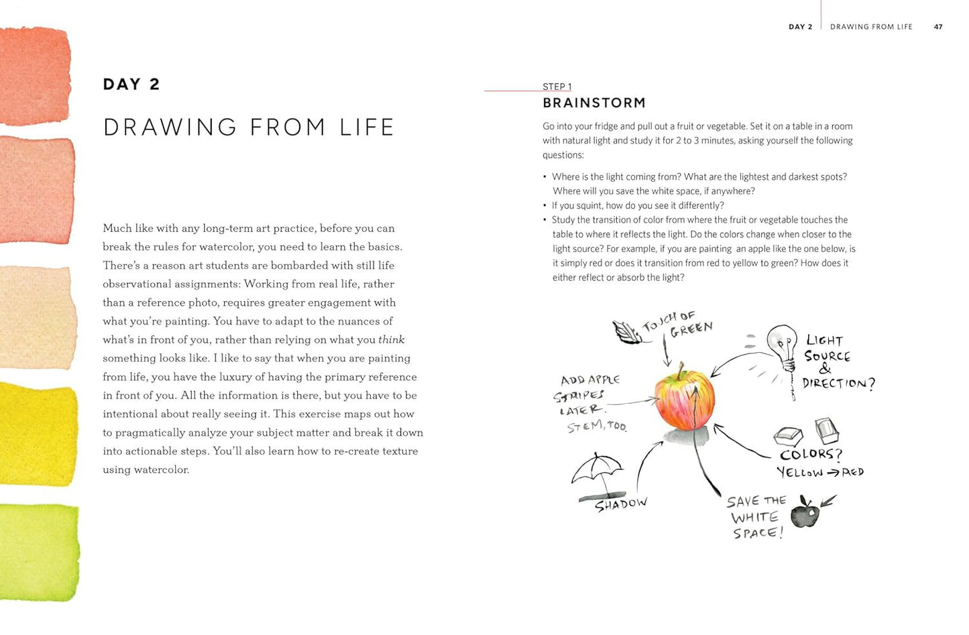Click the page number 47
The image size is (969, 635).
click(937, 27)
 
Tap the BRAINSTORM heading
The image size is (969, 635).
click(593, 103)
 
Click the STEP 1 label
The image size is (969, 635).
click(557, 86)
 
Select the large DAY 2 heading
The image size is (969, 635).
click(131, 84)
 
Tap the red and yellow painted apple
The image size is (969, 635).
click(684, 400)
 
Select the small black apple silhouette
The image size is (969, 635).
click(805, 514)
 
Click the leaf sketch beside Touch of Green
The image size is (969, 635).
click(626, 331)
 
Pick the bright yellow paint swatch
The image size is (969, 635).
click(38, 435)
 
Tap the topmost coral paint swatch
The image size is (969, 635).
click(35, 75)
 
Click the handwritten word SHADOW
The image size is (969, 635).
click(620, 504)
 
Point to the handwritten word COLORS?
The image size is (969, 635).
click(810, 454)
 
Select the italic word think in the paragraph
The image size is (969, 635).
click(391, 340)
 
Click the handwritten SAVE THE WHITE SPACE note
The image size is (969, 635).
click(756, 517)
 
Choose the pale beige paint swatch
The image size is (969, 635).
click(37, 316)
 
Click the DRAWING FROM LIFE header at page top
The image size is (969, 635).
click(870, 27)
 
